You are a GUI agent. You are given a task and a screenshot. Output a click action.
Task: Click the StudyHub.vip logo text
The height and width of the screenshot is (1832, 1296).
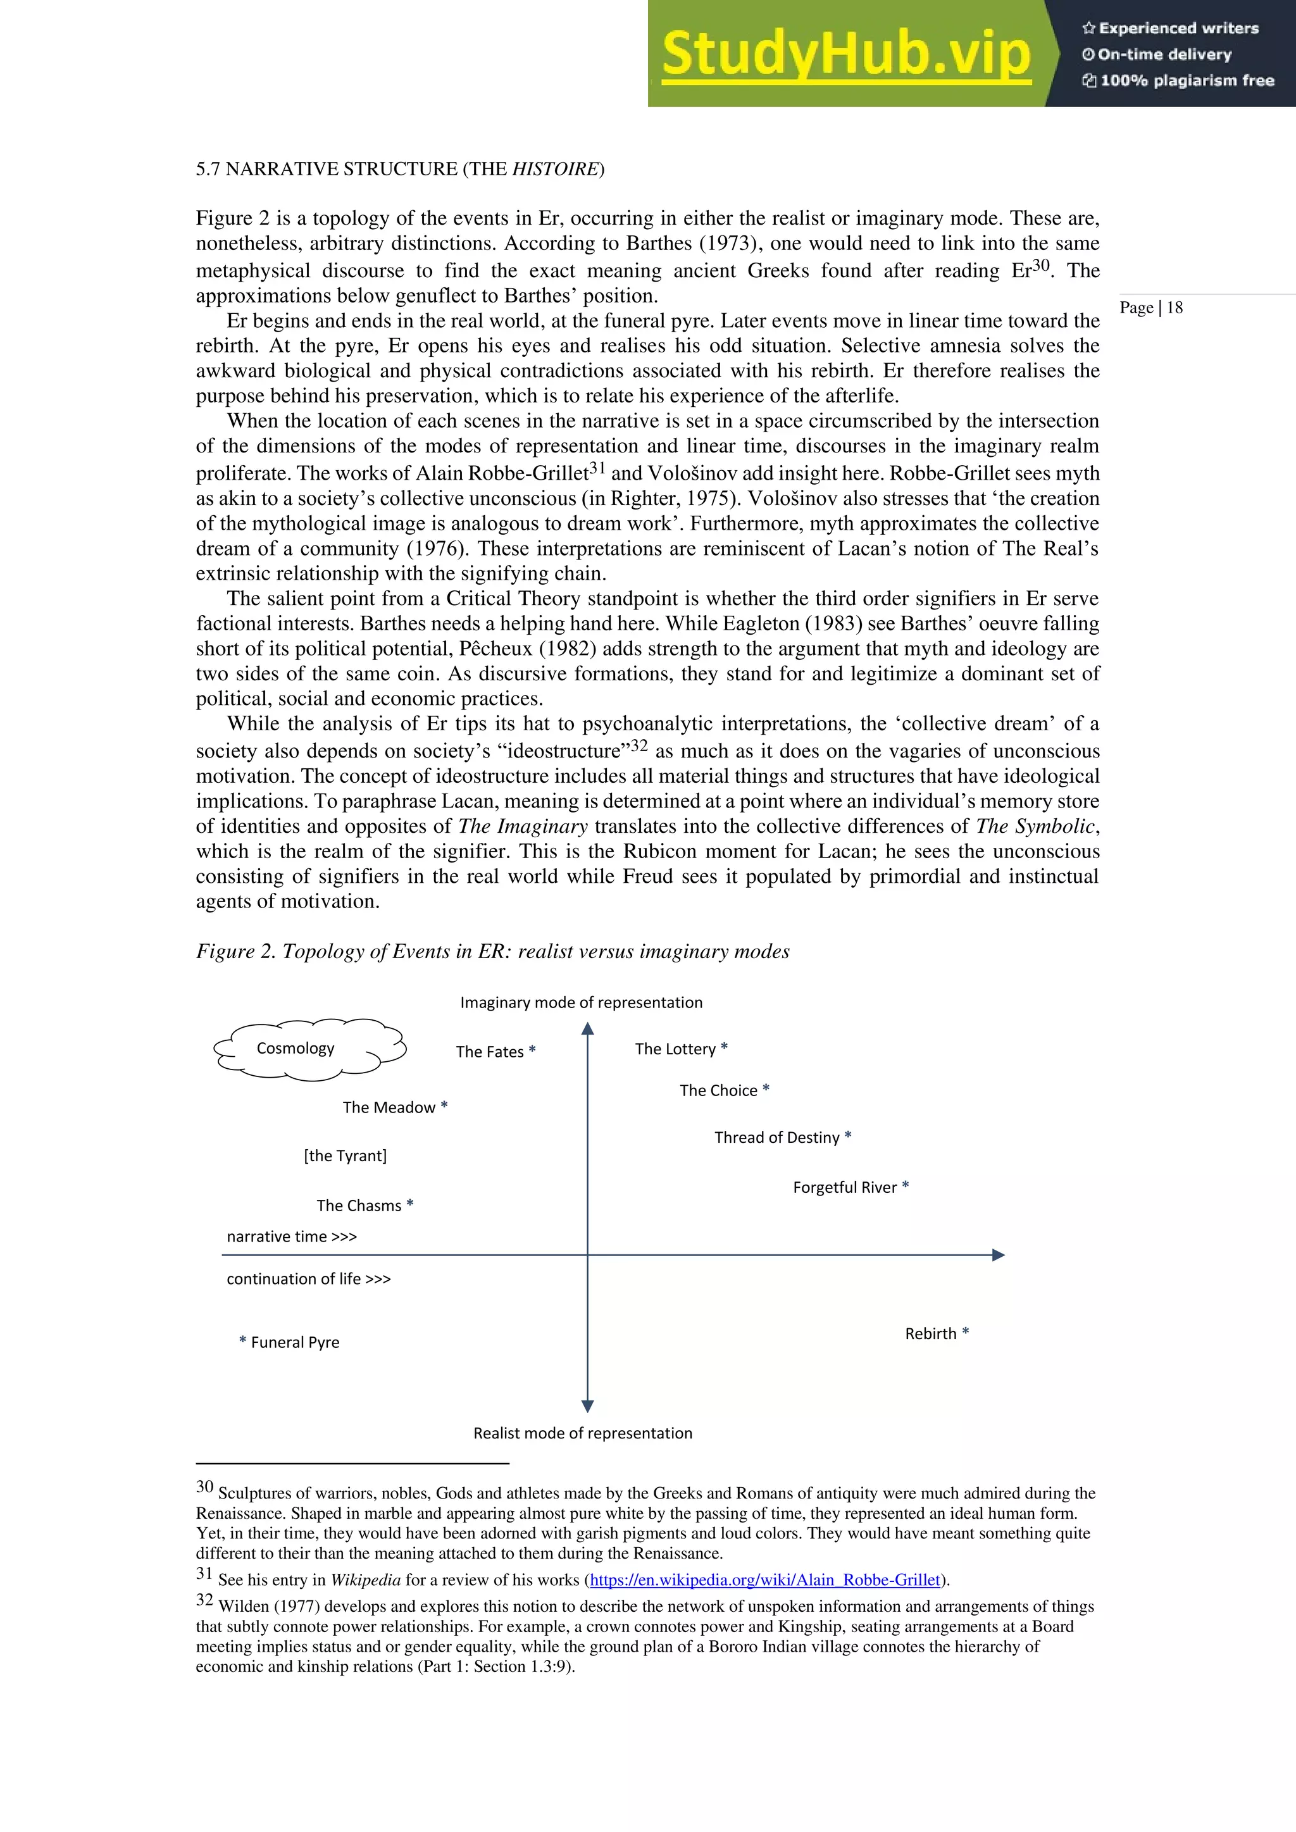click(846, 54)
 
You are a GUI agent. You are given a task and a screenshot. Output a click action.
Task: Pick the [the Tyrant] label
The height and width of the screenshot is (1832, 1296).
click(345, 1156)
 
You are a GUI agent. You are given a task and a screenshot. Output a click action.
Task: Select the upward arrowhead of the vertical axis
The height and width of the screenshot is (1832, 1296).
click(587, 1030)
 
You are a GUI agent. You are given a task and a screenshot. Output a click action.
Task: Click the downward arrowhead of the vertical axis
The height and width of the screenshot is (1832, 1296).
click(587, 1406)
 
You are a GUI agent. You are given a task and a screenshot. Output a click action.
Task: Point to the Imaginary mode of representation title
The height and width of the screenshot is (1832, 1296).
click(581, 1002)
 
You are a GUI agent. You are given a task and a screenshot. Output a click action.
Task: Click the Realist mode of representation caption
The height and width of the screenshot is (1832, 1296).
click(583, 1433)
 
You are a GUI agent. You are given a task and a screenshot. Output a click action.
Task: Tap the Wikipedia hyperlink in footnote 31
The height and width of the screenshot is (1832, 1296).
click(764, 1580)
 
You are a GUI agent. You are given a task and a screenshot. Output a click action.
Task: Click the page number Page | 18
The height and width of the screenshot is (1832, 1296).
click(1150, 308)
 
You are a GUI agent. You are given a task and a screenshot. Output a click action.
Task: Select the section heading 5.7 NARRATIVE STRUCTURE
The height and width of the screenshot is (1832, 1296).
click(400, 169)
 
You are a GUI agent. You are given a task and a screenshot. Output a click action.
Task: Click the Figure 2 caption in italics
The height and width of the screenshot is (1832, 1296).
click(492, 951)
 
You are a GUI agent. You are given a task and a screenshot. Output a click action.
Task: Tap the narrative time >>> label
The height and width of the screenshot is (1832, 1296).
click(291, 1236)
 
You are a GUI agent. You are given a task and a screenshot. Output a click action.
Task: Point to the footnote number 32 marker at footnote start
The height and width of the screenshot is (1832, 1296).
click(204, 1600)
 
